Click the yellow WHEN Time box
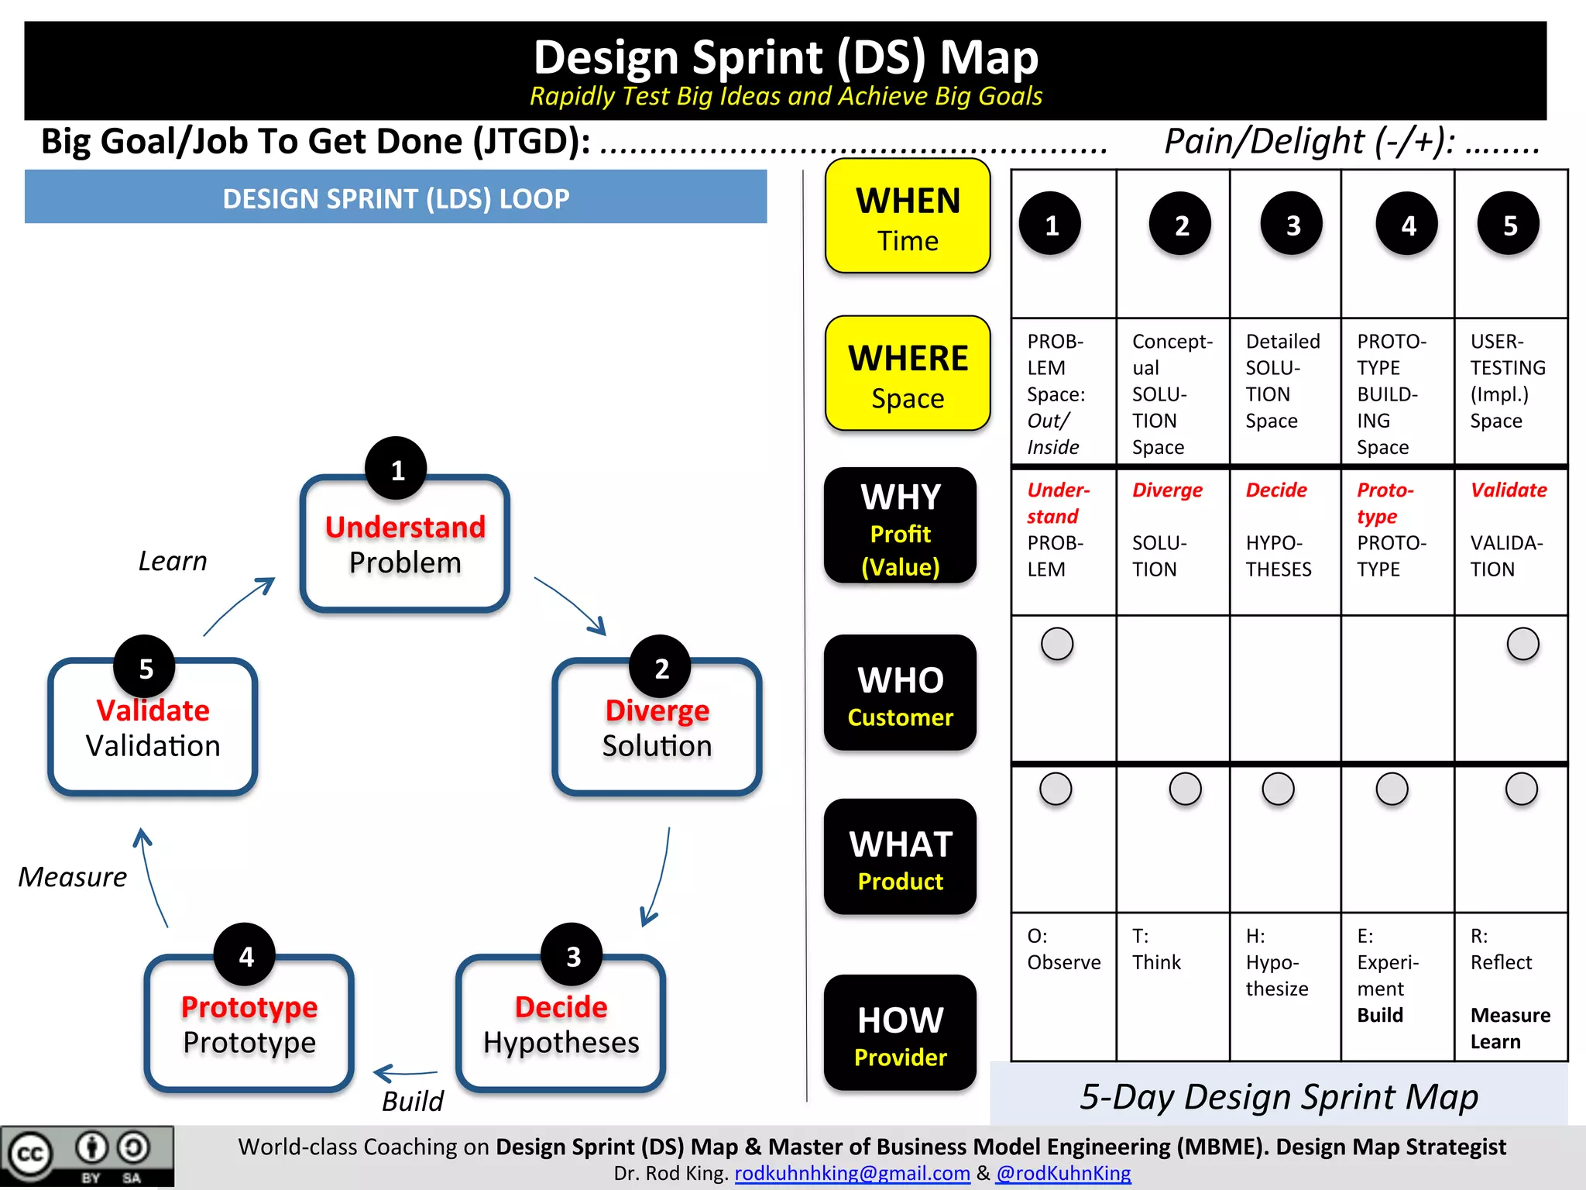(x=908, y=216)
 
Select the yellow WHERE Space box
(x=908, y=373)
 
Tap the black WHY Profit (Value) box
(x=900, y=526)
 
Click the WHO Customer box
(x=900, y=693)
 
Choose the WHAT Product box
(x=900, y=857)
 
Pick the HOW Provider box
(x=900, y=1033)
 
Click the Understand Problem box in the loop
(x=405, y=545)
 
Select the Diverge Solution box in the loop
(x=657, y=727)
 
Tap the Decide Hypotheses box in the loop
(x=561, y=1024)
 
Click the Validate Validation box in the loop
(x=153, y=727)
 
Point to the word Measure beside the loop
(x=72, y=877)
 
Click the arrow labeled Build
(x=406, y=1074)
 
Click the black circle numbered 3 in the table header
(x=1292, y=225)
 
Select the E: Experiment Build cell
(x=1397, y=987)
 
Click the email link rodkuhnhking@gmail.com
(x=852, y=1173)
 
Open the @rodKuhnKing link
(x=1063, y=1173)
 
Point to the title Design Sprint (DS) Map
(x=785, y=57)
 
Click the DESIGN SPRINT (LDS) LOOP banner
(x=396, y=198)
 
